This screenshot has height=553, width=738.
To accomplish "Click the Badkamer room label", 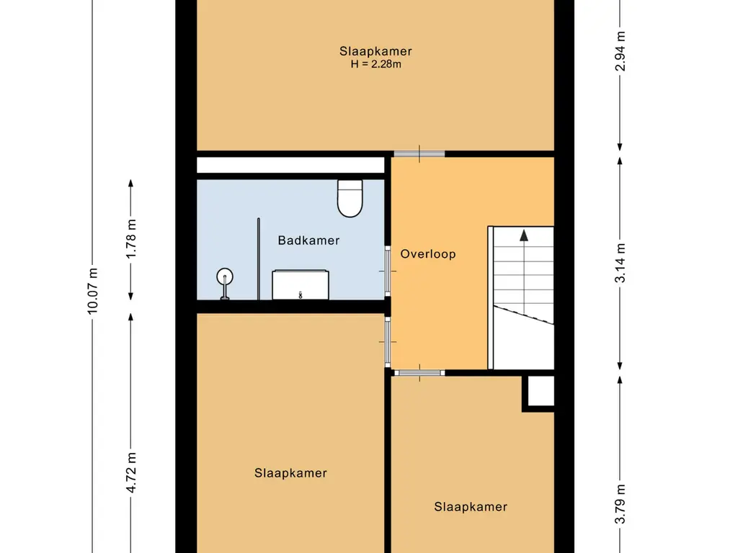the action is pos(308,240).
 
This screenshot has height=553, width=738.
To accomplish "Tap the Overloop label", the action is pos(428,254).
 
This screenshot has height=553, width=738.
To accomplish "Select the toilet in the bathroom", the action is pos(350,199).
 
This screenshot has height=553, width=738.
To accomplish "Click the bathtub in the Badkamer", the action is pos(301,284).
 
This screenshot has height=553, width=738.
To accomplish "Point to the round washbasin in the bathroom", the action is pos(225,277).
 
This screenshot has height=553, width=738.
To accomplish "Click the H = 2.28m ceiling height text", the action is pos(375,64).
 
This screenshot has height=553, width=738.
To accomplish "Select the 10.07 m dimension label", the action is pos(92,291).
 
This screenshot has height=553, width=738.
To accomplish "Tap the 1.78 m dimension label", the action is pos(131,238).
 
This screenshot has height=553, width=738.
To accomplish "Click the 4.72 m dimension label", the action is pos(131,472).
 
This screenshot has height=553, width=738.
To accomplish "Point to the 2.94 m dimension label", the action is pos(621,51).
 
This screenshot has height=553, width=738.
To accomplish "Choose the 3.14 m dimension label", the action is pos(621,263).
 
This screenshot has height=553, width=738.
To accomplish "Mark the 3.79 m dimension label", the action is pos(621,503).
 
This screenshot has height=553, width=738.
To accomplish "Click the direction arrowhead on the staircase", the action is pos(524,235).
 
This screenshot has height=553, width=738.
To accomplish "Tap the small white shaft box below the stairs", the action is pos(541,391).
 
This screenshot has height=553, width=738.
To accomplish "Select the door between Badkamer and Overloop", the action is pos(388,271).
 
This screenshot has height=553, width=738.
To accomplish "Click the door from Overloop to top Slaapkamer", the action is pos(419,154).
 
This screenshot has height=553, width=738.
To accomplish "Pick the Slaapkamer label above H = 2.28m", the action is pos(375,51).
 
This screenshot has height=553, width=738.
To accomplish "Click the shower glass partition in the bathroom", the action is pos(259,258).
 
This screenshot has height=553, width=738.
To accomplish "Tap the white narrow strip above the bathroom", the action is pos(290,165).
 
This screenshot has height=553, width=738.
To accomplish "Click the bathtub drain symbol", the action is pos(301,295).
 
